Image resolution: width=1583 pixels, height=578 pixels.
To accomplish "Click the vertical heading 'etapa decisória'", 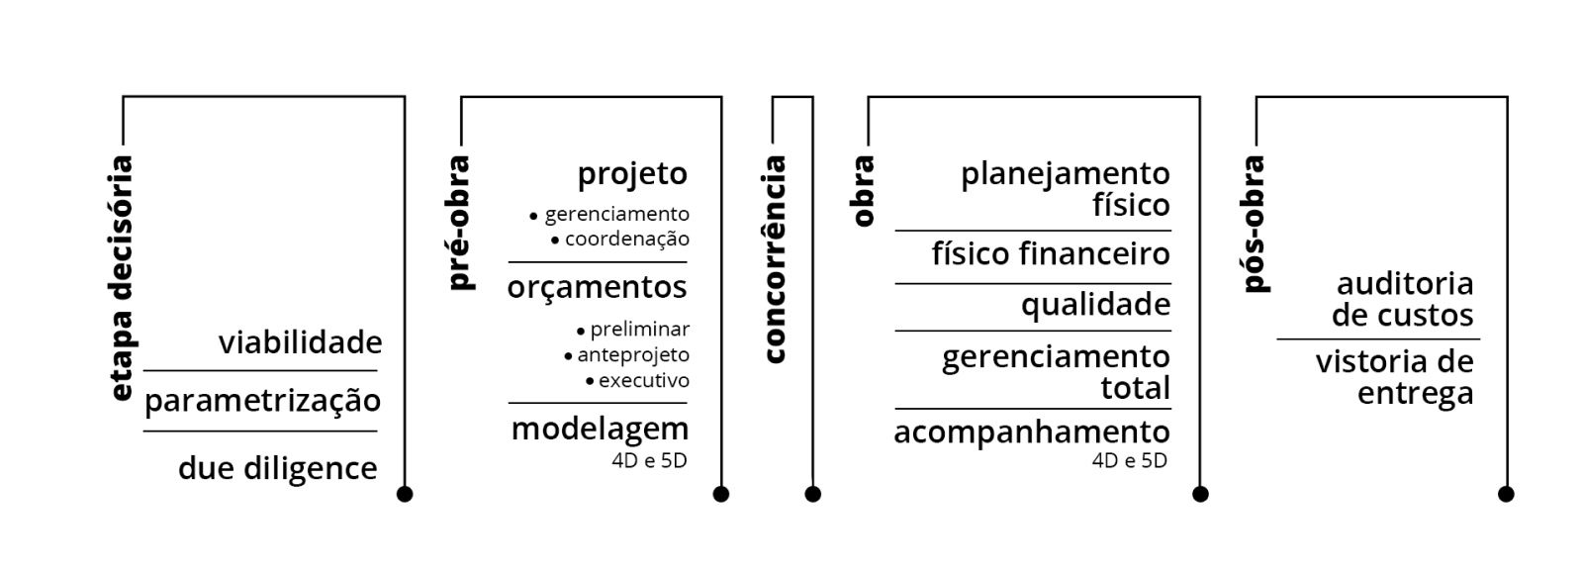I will (122, 278).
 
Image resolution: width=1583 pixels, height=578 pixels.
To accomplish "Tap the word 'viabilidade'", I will (300, 342).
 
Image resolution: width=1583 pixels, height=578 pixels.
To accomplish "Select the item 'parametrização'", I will (262, 401).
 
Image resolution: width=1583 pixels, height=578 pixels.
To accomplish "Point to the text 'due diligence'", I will (277, 467).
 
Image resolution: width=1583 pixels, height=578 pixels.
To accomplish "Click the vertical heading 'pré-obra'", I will (459, 223).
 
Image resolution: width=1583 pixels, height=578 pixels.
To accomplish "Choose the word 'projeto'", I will (632, 174).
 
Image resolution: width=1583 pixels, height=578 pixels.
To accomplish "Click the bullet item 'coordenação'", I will (626, 239).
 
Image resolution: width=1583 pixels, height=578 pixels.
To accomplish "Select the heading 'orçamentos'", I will (597, 287).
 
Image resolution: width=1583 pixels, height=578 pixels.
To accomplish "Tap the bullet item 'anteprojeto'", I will (633, 354).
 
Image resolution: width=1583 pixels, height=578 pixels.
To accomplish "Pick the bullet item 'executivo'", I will (643, 380).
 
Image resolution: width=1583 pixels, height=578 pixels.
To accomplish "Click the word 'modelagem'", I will (600, 429).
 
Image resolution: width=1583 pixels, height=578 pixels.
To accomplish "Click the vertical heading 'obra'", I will (864, 191).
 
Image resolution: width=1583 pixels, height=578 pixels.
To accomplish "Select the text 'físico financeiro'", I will (1051, 254).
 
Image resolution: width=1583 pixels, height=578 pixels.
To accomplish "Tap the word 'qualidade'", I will (1095, 304).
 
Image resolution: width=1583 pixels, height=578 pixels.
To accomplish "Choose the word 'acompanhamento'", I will (1031, 432).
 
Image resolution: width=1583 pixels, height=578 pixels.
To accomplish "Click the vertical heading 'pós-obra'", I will (1254, 224).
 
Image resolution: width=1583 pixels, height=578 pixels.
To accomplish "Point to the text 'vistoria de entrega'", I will (1394, 377).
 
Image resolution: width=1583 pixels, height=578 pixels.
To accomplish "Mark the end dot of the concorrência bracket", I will (813, 494).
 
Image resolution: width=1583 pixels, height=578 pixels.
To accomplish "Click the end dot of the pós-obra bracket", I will (1506, 494).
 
